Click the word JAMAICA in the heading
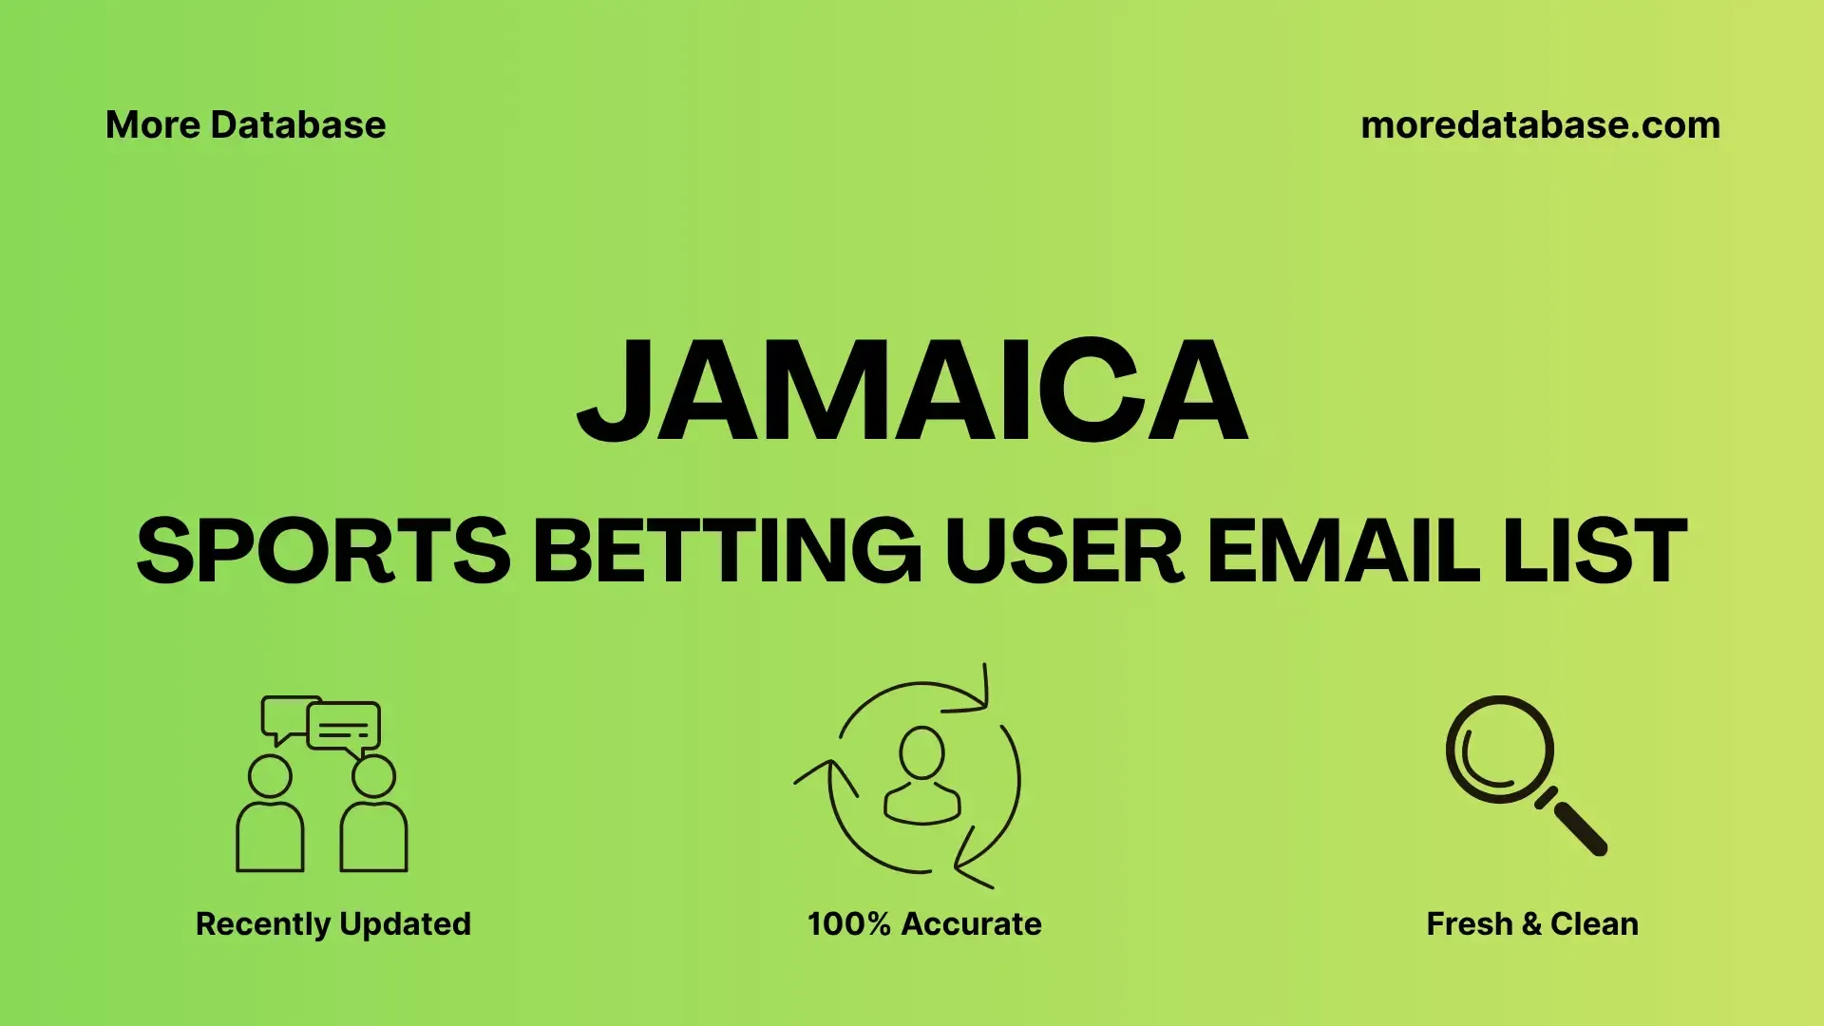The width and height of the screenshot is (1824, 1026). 912,389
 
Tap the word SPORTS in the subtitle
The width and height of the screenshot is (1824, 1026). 324,551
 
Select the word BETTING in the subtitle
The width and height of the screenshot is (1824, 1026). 727,551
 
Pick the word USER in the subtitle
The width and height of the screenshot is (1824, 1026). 1064,551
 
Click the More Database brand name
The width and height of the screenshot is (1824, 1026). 246,124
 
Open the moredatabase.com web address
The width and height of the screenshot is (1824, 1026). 1541,124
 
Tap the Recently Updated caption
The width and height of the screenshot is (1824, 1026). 333,924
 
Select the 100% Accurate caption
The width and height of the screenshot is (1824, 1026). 924,923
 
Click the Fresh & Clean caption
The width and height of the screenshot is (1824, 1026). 1532,923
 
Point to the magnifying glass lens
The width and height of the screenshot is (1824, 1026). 1500,750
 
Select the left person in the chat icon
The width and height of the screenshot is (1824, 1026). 270,814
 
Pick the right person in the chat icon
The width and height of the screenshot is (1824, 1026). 373,814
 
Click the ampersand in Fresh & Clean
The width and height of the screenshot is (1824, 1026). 1531,923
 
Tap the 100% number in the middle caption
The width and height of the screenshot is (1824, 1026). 849,923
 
